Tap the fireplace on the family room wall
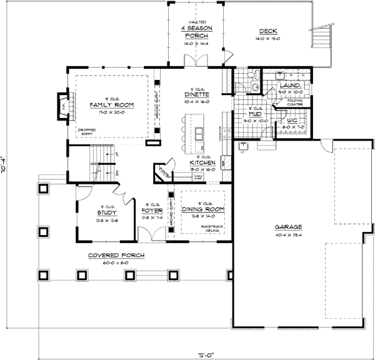tap(62, 103)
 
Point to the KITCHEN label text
tap(203, 163)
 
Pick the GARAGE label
tap(287, 227)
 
